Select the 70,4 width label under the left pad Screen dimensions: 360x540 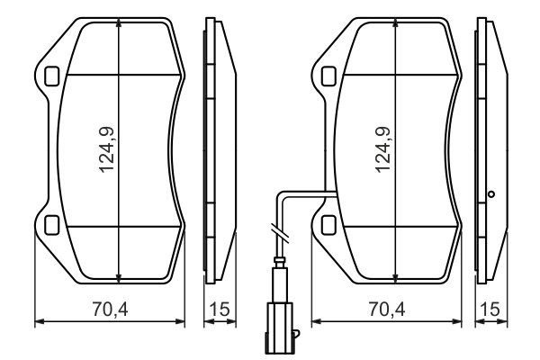pyautogui.click(x=109, y=310)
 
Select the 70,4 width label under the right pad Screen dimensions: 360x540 pyautogui.click(x=386, y=310)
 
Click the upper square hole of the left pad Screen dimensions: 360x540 pyautogui.click(x=50, y=76)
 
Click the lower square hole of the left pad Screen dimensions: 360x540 pyautogui.click(x=50, y=223)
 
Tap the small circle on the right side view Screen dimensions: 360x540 pyautogui.click(x=491, y=193)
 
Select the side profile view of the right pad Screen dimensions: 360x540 pyautogui.click(x=491, y=149)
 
